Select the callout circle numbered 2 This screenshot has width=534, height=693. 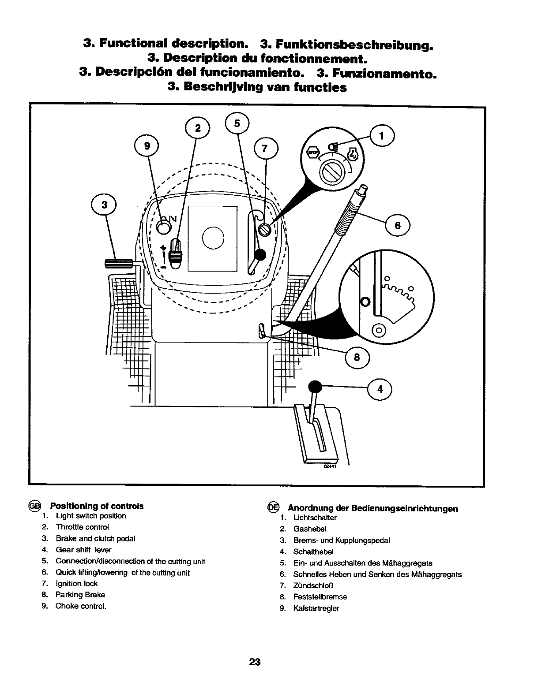pyautogui.click(x=198, y=128)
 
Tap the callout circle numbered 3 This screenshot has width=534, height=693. pyautogui.click(x=104, y=205)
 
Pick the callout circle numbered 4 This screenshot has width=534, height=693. pyautogui.click(x=380, y=389)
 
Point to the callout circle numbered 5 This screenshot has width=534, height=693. pyautogui.click(x=237, y=124)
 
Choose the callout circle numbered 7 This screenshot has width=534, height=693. pyautogui.click(x=265, y=149)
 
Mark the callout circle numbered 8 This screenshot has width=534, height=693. pyautogui.click(x=357, y=358)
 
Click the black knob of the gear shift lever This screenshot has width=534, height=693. pyautogui.click(x=315, y=387)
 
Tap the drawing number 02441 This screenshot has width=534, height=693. pyautogui.click(x=330, y=468)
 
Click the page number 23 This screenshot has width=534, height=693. pyautogui.click(x=255, y=662)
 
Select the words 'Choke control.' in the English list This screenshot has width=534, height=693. pyautogui.click(x=81, y=606)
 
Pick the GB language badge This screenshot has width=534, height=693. pyautogui.click(x=34, y=506)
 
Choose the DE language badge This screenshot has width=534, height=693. pyautogui.click(x=273, y=508)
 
